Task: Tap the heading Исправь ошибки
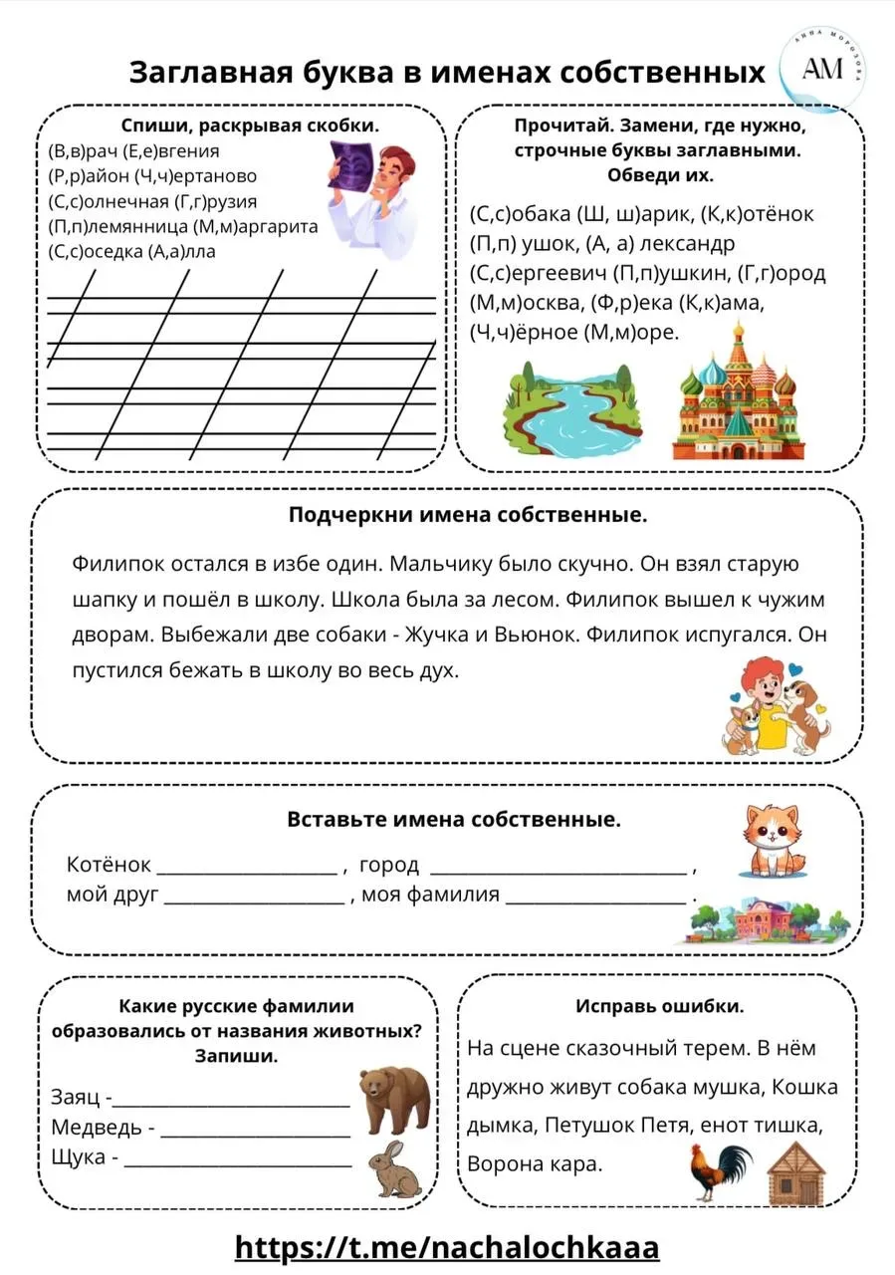[x=659, y=1006]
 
